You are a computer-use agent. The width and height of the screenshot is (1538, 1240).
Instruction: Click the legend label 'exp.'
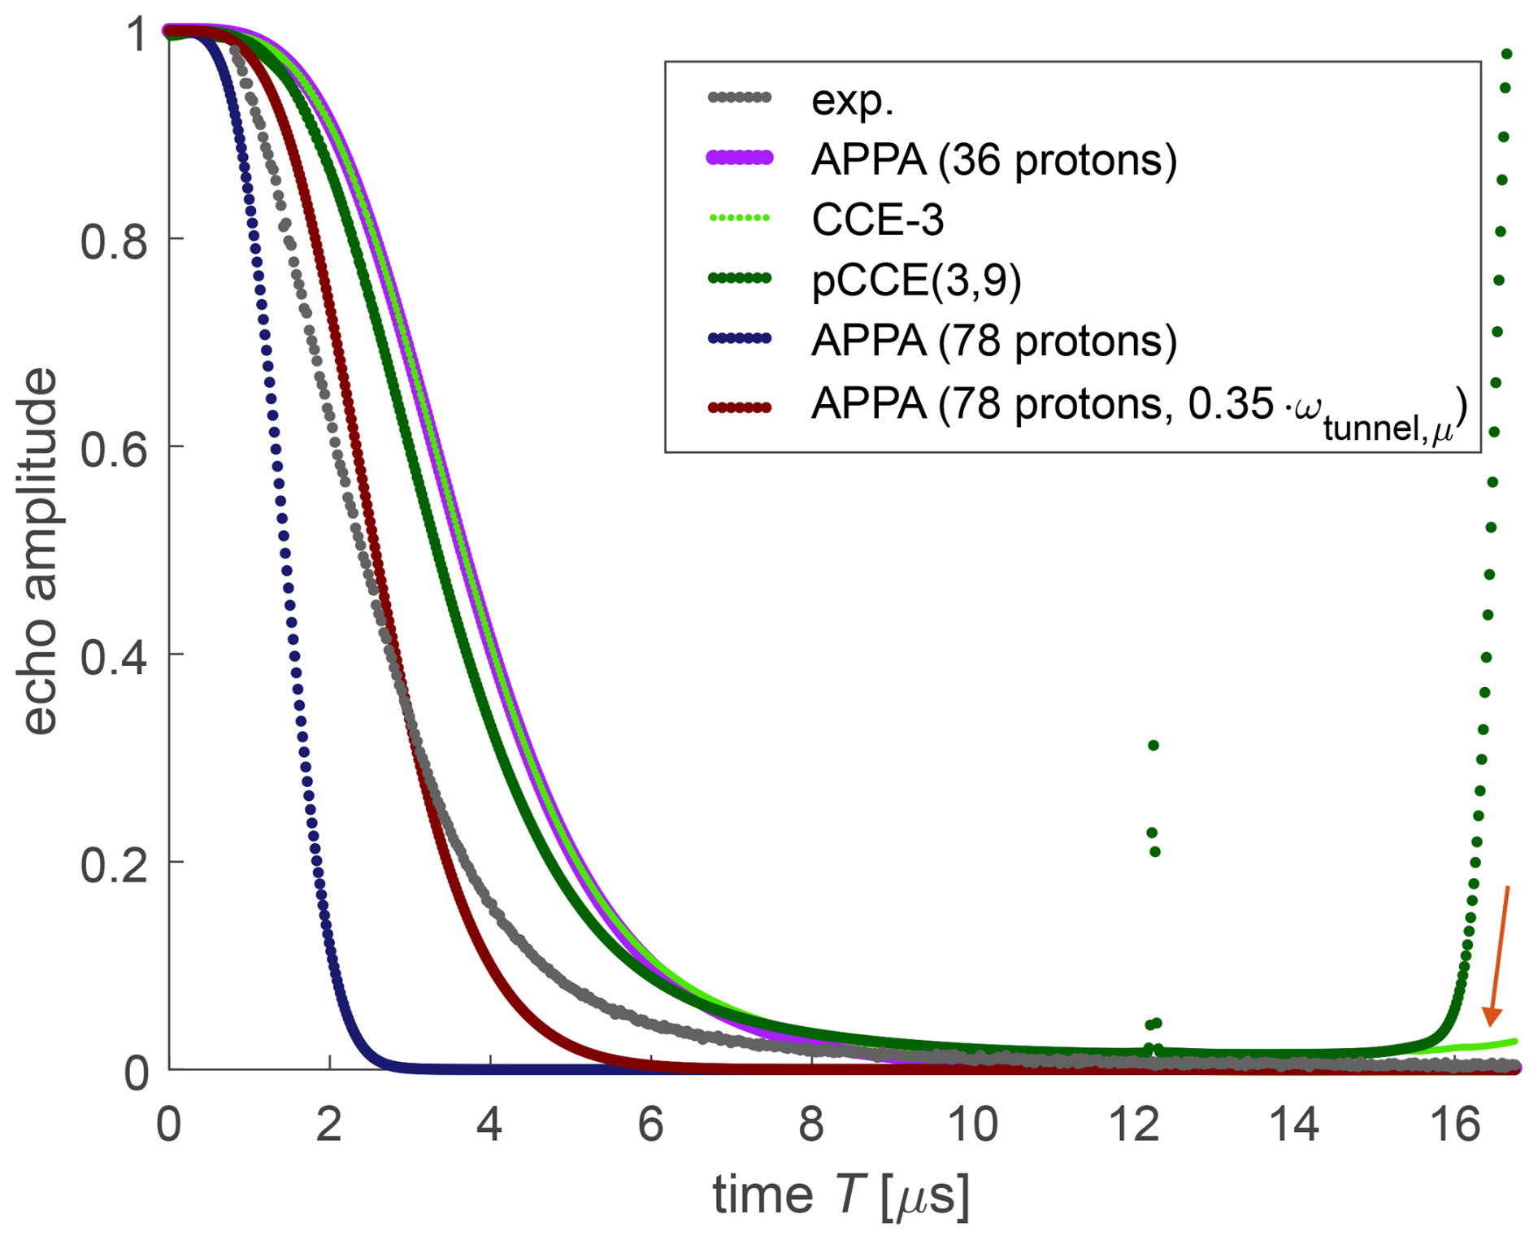(852, 99)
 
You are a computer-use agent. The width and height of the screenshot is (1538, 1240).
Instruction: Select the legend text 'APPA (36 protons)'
(993, 159)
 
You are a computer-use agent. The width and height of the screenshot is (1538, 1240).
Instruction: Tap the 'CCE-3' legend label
(878, 220)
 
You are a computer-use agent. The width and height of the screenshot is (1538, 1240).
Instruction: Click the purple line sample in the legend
(740, 158)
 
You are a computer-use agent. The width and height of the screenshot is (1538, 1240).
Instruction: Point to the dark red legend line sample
(740, 407)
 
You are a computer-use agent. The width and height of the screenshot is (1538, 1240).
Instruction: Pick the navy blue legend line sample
(740, 339)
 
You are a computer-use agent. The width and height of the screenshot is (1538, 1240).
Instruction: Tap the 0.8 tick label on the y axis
(114, 241)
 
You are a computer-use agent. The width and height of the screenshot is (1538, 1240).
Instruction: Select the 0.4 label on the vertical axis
(114, 656)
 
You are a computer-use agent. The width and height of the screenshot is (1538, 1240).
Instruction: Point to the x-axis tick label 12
(1133, 1125)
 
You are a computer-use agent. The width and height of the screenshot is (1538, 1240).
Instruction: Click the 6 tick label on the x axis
(650, 1125)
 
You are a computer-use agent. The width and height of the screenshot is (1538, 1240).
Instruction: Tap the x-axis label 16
(1454, 1125)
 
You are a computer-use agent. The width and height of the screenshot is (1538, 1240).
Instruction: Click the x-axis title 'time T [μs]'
(841, 1196)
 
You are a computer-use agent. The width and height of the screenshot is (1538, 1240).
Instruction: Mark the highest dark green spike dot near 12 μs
(1153, 745)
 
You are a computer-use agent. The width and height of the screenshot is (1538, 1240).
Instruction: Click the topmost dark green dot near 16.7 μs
(1506, 54)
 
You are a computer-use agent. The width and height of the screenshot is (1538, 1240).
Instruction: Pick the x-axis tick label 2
(328, 1125)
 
